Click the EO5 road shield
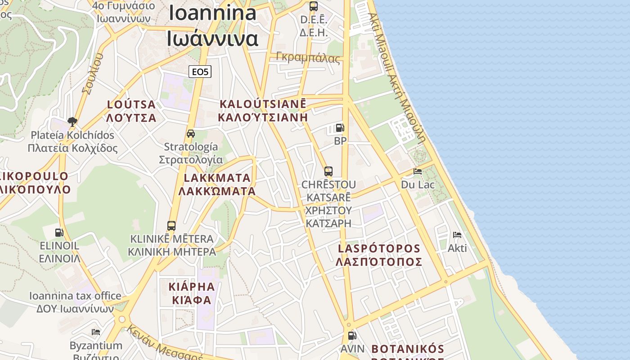200,72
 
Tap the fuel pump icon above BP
340,128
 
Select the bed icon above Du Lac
418,171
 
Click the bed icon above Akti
457,235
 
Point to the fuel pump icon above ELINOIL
59,233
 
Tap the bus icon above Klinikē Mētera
171,225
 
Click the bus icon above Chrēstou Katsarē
328,171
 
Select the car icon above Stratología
191,134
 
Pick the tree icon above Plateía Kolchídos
72,121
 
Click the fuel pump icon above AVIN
352,335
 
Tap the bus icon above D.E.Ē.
313,6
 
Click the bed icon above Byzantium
96,332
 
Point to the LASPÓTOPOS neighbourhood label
379,255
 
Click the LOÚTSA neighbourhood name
131,111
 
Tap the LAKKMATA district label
217,184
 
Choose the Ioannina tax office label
75,302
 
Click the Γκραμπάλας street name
308,58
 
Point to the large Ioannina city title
212,26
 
